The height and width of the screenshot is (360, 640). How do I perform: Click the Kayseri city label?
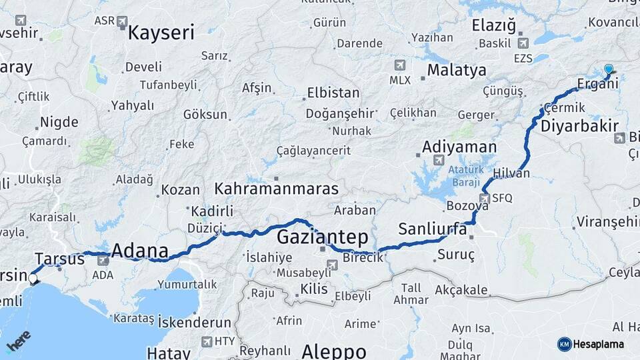(x=161, y=33)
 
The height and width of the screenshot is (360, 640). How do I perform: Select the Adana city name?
(x=139, y=251)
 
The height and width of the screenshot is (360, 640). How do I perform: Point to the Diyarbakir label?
(x=579, y=126)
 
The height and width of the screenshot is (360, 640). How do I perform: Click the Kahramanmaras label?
(x=276, y=189)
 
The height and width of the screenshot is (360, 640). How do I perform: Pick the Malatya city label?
(x=457, y=70)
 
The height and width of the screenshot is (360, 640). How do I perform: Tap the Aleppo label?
(x=333, y=351)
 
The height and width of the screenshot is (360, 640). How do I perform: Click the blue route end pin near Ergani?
(x=608, y=70)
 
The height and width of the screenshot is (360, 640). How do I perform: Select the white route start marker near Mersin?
(x=33, y=278)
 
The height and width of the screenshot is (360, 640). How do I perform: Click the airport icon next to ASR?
(x=122, y=22)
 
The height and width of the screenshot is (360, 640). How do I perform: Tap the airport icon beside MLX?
(x=399, y=65)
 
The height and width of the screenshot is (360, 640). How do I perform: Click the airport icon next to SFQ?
(x=484, y=198)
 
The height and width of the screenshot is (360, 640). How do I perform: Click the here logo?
(x=19, y=341)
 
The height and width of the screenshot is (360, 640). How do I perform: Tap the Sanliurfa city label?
(x=432, y=229)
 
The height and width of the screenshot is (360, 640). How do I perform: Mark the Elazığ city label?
(x=494, y=26)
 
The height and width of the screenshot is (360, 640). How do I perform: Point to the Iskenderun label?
(x=194, y=323)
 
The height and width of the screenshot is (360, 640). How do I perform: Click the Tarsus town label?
(x=59, y=259)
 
